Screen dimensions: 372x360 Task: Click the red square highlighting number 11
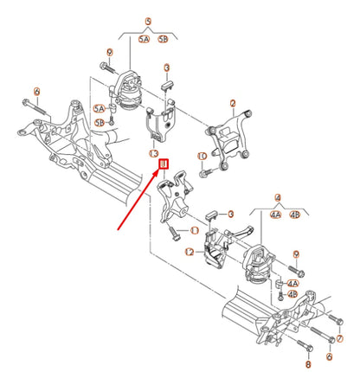pyautogui.click(x=162, y=161)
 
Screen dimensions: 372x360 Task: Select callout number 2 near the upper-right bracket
pyautogui.click(x=233, y=103)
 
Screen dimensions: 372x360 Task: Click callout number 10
pyautogui.click(x=201, y=157)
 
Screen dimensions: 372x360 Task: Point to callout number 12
pyautogui.click(x=189, y=251)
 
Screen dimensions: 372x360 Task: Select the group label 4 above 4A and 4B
pyautogui.click(x=278, y=196)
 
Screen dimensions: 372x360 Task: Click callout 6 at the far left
pyautogui.click(x=36, y=90)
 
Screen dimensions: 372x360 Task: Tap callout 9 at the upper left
pyautogui.click(x=107, y=53)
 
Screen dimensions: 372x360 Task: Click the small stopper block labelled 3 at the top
pyautogui.click(x=168, y=84)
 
